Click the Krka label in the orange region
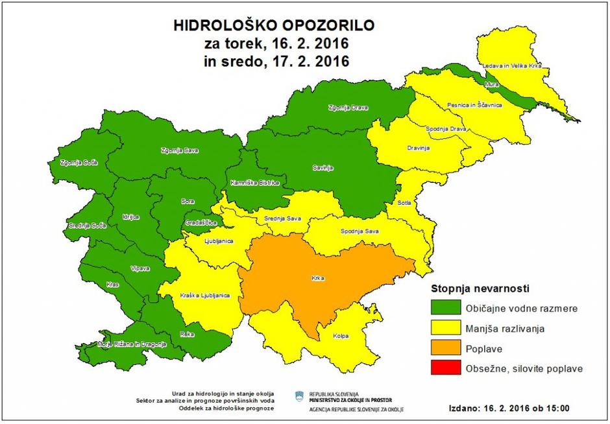tap(317, 279)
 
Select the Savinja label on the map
tap(323, 169)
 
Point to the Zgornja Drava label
tap(346, 108)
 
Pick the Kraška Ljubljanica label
tap(204, 296)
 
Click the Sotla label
tap(405, 204)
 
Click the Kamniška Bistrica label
tap(254, 183)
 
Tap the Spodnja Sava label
tap(359, 231)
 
